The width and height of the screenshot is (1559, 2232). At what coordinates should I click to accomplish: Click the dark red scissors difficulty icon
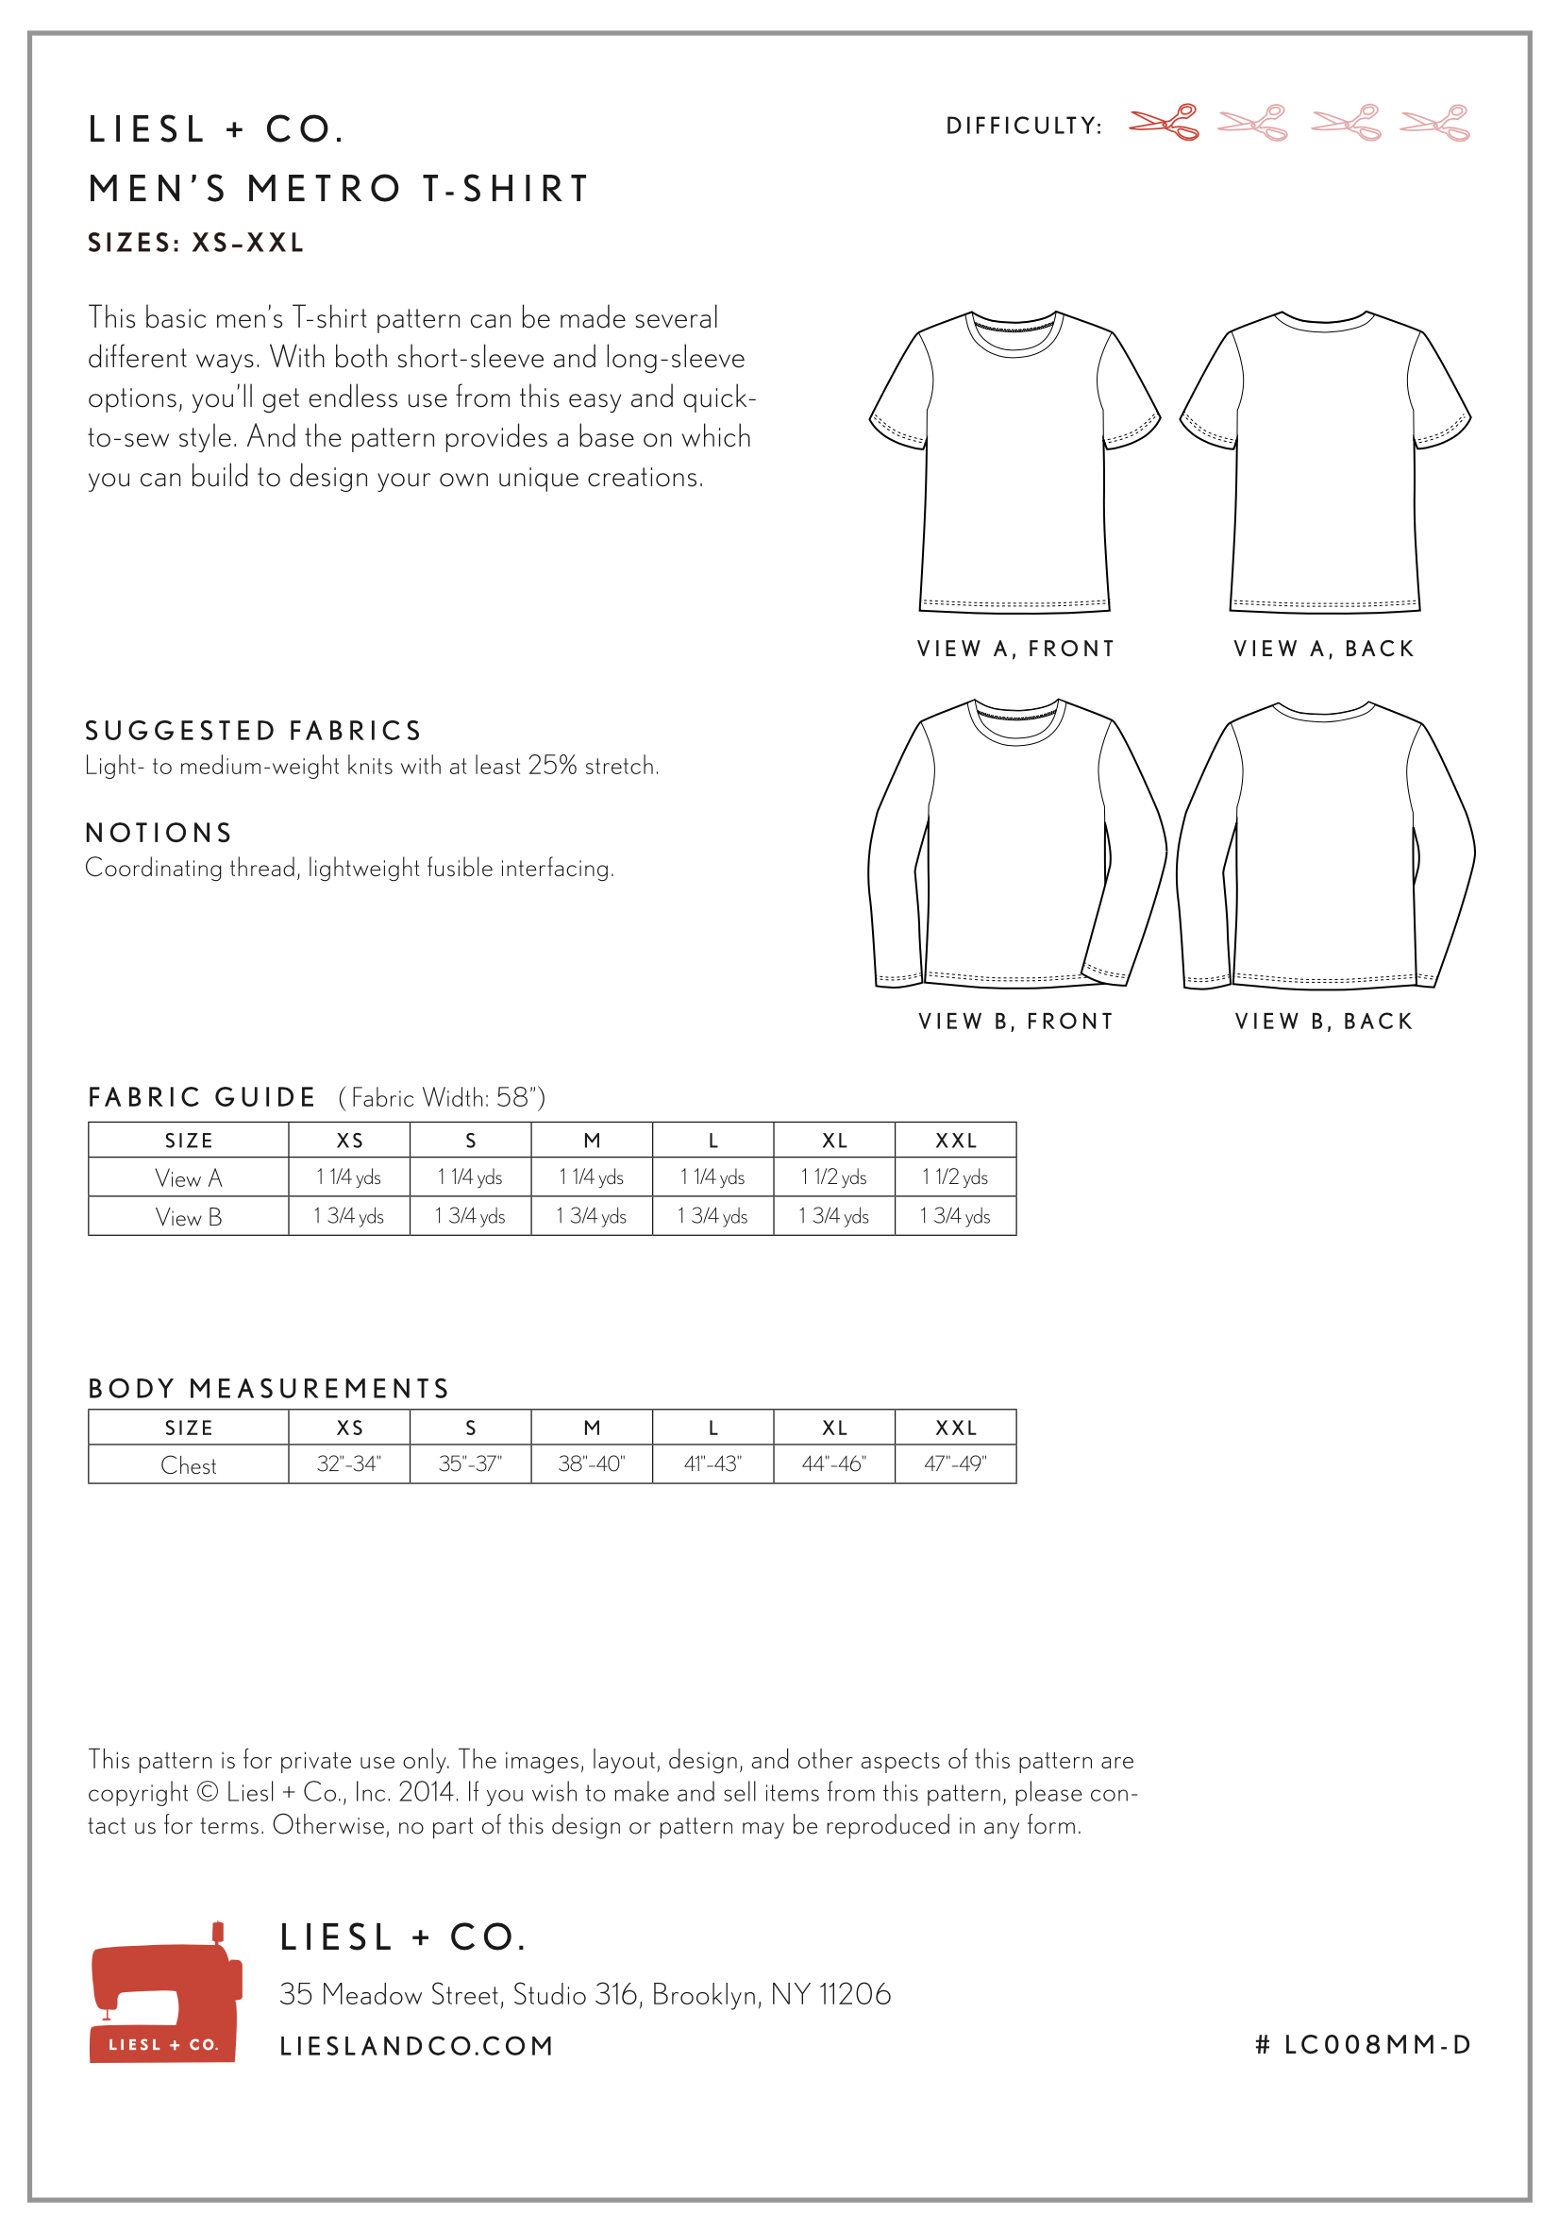pyautogui.click(x=1164, y=124)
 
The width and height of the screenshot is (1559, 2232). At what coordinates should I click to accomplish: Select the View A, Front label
pyautogui.click(x=1015, y=649)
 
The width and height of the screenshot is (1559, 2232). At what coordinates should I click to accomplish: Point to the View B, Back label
pyautogui.click(x=1324, y=1022)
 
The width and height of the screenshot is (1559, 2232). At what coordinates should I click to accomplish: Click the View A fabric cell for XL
pyautogui.click(x=834, y=1177)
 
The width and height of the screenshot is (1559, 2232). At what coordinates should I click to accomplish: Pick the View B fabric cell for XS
pyautogui.click(x=349, y=1216)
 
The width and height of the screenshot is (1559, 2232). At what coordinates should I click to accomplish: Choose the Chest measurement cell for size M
pyautogui.click(x=591, y=1464)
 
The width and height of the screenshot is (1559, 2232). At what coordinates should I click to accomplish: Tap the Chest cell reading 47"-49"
pyautogui.click(x=955, y=1464)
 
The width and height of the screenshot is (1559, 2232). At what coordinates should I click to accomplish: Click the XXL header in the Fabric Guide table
pyautogui.click(x=955, y=1141)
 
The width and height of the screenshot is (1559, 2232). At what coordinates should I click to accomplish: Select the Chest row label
pyautogui.click(x=189, y=1465)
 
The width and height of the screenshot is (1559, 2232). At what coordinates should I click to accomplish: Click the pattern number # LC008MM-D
pyautogui.click(x=1363, y=2045)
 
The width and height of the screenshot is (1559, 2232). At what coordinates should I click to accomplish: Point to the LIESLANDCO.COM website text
pyautogui.click(x=416, y=2046)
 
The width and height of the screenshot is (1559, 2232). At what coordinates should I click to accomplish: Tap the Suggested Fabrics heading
pyautogui.click(x=254, y=731)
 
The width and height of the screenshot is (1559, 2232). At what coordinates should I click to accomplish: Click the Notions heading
pyautogui.click(x=159, y=833)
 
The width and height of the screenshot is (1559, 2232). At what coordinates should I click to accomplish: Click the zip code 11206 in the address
pyautogui.click(x=854, y=1995)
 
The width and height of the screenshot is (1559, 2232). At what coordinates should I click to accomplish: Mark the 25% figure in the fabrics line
pyautogui.click(x=552, y=766)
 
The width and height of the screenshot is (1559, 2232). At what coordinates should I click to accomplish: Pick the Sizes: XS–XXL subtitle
pyautogui.click(x=196, y=243)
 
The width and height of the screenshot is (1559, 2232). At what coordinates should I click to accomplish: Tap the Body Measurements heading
pyautogui.click(x=268, y=1389)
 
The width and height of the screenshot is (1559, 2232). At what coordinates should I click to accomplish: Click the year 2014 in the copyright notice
pyautogui.click(x=427, y=1793)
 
